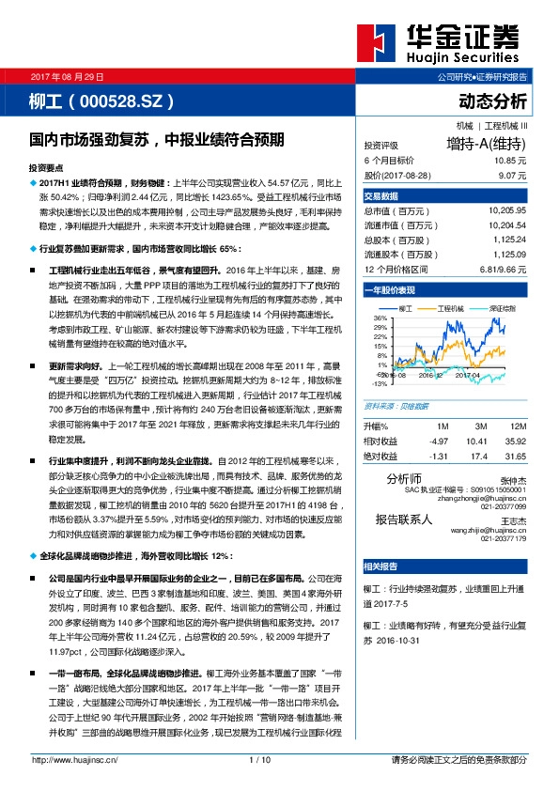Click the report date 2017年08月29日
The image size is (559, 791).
(68, 75)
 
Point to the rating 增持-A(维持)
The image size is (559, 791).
(486, 145)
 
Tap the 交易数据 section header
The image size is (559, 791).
(380, 195)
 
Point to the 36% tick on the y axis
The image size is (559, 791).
(380, 318)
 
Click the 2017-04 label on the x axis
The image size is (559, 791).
(441, 375)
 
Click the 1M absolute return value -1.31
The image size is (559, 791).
(437, 456)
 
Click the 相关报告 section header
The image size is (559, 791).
(380, 566)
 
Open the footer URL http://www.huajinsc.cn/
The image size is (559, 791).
(70, 759)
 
